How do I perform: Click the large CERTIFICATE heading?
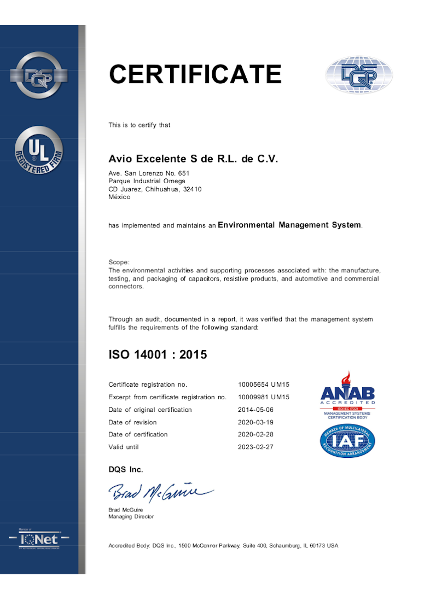195,74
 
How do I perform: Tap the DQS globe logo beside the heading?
359,75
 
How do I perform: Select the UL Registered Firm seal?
39,150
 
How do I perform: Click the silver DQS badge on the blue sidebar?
39,75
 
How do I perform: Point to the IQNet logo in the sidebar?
39,539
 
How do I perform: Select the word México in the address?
119,197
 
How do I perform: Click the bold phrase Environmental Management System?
289,225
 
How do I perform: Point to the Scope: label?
119,263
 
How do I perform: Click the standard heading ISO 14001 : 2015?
158,354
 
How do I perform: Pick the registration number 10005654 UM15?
263,385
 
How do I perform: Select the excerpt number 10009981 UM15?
263,397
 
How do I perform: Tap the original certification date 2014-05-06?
255,410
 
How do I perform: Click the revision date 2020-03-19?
255,422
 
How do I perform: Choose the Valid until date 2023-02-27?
255,447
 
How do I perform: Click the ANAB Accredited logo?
347,394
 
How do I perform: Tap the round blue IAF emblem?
347,441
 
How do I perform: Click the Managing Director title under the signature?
131,516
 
